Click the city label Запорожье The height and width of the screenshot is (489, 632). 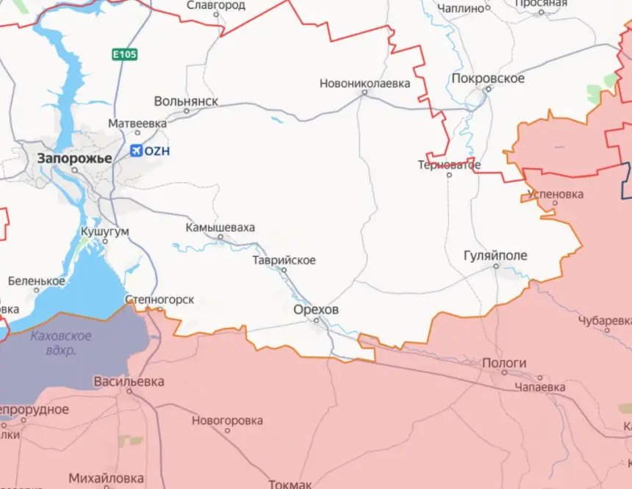(x=75, y=158)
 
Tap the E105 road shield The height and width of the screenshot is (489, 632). (x=124, y=54)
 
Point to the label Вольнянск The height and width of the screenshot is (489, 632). (x=186, y=101)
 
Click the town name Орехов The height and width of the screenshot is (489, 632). (x=316, y=310)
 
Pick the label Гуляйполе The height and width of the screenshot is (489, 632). (x=495, y=256)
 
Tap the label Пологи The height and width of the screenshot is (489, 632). (x=504, y=363)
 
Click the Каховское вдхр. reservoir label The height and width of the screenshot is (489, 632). (x=62, y=342)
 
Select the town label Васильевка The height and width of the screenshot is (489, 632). (x=129, y=382)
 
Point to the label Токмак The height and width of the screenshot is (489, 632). (x=290, y=484)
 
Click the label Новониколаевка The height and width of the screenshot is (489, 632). (x=365, y=84)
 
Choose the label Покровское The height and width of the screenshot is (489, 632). (x=488, y=79)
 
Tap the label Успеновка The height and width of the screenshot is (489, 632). (x=556, y=195)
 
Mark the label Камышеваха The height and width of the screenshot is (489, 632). (x=220, y=228)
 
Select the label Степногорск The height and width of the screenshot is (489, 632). (x=159, y=300)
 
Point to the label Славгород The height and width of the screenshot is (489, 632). (x=215, y=5)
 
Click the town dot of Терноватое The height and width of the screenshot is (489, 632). (x=449, y=174)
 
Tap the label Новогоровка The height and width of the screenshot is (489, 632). (x=227, y=421)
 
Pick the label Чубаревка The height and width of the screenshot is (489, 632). (x=604, y=321)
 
